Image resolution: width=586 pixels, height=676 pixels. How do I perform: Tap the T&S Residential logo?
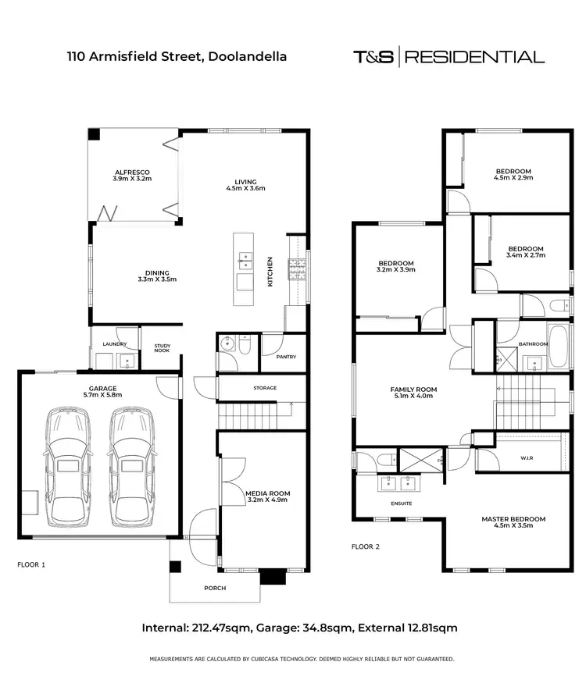point(448,56)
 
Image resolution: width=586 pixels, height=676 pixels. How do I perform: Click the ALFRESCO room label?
point(132,172)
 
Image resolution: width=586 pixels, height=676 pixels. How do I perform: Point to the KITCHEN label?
point(270,272)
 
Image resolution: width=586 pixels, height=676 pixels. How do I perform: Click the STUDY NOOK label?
point(162,348)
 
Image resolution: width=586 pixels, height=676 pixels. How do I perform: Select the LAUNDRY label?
point(114,343)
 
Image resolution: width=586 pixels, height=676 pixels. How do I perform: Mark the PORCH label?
point(215,588)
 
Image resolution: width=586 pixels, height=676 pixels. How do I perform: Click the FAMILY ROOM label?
point(413,389)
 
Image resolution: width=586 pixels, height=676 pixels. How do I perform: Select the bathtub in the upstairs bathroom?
point(558,346)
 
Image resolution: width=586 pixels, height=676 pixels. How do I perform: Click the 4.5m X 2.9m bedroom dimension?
point(513,178)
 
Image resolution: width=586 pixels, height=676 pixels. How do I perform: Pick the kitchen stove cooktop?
point(297,269)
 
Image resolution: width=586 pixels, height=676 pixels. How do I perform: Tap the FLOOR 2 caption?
point(366,546)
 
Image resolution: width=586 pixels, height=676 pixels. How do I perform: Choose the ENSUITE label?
point(402,503)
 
